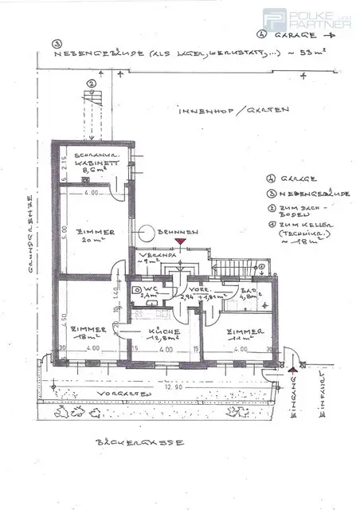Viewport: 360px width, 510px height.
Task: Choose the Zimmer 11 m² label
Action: [x=240, y=334]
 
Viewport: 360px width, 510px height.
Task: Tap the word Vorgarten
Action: [x=115, y=394]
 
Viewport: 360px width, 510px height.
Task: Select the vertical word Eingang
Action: [x=295, y=395]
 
